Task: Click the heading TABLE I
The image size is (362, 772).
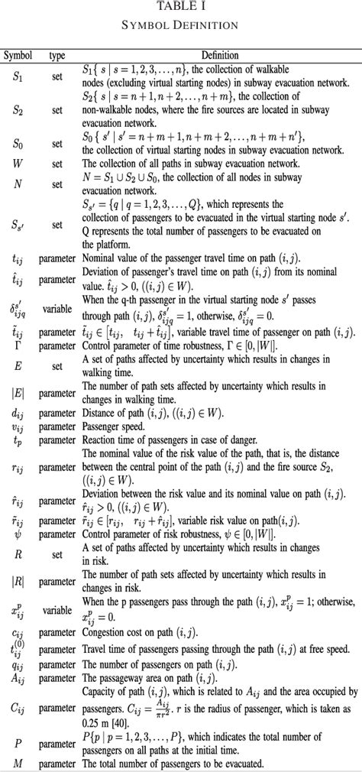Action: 181,6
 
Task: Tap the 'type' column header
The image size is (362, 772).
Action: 57,55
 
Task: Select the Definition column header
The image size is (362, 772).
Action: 220,55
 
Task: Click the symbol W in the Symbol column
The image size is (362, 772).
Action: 18,162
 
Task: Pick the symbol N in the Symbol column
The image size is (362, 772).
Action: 18,183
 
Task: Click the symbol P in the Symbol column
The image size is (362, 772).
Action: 18,742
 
